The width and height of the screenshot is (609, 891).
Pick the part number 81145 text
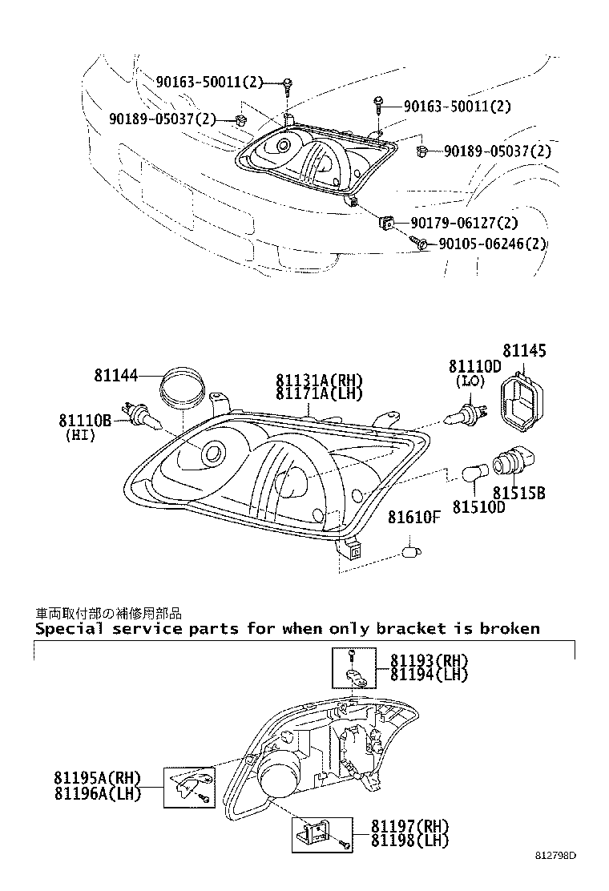tap(524, 351)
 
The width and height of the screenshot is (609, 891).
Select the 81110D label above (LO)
tap(474, 366)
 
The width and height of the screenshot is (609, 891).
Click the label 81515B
tap(518, 493)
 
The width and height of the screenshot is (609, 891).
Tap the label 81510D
tap(478, 506)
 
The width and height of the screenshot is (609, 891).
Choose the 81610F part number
tap(414, 517)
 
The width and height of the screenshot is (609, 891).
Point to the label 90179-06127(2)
tap(464, 223)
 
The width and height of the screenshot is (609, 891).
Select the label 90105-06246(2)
tap(492, 244)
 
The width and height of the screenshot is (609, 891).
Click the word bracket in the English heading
tap(411, 628)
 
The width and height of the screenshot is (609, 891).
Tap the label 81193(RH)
tap(429, 660)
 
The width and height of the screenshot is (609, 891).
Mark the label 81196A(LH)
tap(98, 794)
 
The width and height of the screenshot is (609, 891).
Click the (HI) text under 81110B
tap(80, 435)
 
